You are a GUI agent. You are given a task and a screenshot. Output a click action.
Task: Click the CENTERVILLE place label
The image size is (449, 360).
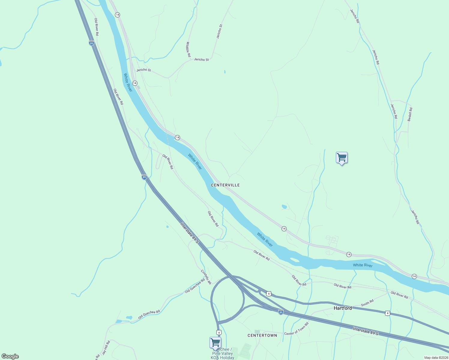(x=225, y=185)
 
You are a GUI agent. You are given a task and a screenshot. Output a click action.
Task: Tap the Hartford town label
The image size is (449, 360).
(x=343, y=308)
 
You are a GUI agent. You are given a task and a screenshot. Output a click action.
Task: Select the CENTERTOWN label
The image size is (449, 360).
(x=262, y=335)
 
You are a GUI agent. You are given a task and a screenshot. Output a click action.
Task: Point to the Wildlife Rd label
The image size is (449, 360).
(x=188, y=49)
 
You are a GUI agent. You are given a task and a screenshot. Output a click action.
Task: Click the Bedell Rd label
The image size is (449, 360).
(x=410, y=114)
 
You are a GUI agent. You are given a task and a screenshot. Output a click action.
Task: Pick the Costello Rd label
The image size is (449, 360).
(x=206, y=277)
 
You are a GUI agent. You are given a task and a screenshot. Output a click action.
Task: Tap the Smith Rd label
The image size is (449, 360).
(x=367, y=303)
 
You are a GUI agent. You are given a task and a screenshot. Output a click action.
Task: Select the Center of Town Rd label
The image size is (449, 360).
(x=296, y=329)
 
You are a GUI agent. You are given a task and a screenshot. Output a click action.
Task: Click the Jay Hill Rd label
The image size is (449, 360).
(x=106, y=348)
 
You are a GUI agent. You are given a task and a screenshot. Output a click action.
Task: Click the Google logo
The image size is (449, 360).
(x=10, y=356)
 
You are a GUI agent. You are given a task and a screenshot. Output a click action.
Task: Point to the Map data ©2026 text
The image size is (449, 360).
(x=436, y=358)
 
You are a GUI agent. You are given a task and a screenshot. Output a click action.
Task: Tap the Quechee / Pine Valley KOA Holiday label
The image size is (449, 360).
(x=222, y=354)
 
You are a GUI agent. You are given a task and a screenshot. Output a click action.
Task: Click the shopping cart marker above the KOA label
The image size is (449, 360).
(x=215, y=342)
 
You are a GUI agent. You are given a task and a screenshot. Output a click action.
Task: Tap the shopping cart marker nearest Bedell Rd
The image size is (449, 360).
(x=342, y=157)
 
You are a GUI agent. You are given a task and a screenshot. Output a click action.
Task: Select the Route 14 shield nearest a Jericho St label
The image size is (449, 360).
(x=135, y=83)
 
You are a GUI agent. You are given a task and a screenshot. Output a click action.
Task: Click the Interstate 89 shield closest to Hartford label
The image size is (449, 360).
(x=281, y=312)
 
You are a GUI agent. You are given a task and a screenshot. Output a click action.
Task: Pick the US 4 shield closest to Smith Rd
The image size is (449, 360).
(x=387, y=313)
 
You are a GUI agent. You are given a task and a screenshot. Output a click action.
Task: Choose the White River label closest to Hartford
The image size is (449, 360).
(x=363, y=265)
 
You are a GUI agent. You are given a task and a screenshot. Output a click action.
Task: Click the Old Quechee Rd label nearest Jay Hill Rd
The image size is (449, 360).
(x=149, y=315)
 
